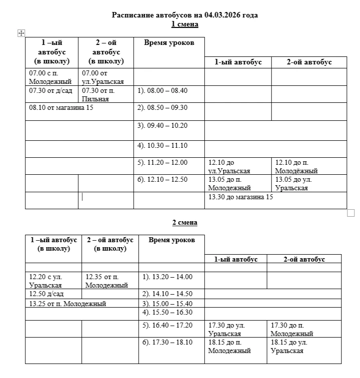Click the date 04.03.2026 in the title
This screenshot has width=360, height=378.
coord(223,15)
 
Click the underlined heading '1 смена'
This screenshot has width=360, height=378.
coord(185,24)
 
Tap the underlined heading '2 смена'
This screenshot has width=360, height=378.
coord(185,223)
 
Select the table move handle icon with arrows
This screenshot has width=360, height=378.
coord(21,33)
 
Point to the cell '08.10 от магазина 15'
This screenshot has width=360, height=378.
coord(61,107)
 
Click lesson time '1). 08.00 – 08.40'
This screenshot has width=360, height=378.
coord(162,91)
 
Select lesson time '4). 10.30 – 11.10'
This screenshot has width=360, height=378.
coord(162,145)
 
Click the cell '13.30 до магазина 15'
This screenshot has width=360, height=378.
coord(241,197)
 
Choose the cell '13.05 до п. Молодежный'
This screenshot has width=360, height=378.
coord(229,184)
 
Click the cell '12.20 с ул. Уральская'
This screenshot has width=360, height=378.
coord(45,281)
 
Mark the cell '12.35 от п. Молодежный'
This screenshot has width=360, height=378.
coord(106,281)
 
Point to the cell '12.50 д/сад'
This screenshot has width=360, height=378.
coord(46,294)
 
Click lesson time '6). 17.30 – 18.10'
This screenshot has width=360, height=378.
coord(167,342)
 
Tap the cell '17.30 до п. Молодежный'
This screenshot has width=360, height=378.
coord(292,329)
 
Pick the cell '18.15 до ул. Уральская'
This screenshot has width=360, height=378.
coord(289,346)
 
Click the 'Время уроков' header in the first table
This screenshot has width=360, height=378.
coord(169,43)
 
